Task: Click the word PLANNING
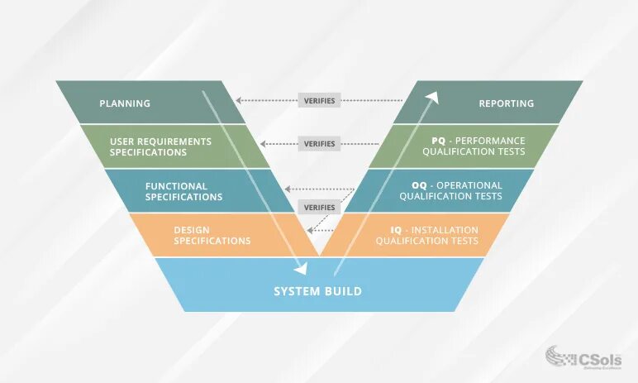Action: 125,103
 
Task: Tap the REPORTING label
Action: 507,103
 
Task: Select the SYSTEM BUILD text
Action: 318,291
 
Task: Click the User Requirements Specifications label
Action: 160,146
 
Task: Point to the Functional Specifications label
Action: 183,191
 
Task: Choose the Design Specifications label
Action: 212,235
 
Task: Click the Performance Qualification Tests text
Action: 474,146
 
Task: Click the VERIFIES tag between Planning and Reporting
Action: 319,101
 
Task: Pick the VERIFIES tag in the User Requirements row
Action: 319,144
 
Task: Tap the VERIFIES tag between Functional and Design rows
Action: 319,208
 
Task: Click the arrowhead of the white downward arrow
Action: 302,268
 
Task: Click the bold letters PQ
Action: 439,141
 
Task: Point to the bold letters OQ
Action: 420,185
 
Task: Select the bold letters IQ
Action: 396,229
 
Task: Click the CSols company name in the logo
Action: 602,356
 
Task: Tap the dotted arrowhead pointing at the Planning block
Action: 238,101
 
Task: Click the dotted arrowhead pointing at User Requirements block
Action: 264,144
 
